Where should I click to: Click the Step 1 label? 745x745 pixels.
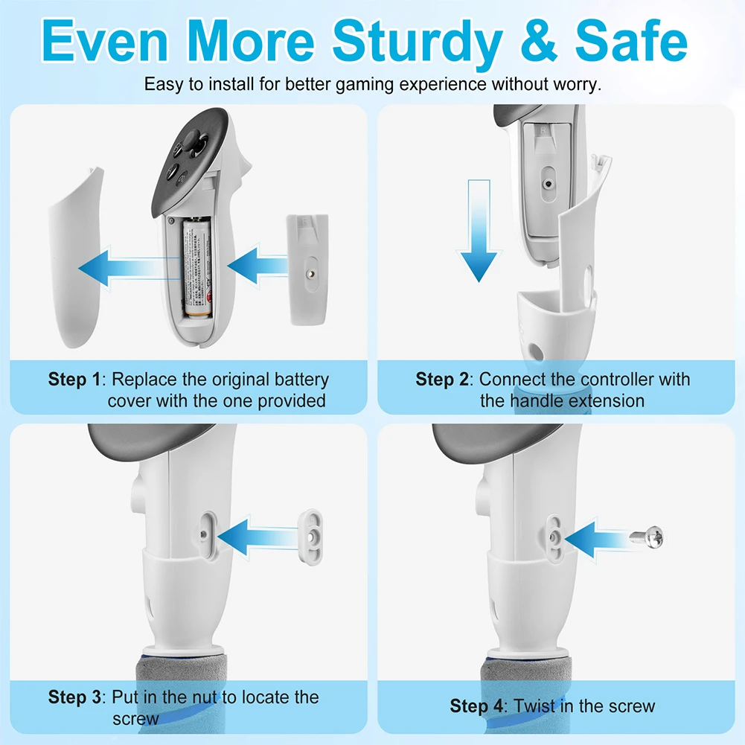(x=73, y=379)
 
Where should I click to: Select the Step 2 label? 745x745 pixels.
(x=442, y=379)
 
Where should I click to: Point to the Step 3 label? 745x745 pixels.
(x=73, y=697)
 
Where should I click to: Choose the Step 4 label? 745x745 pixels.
(x=476, y=706)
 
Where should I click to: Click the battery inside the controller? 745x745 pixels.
(x=196, y=268)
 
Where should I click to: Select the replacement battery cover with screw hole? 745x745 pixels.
(x=307, y=269)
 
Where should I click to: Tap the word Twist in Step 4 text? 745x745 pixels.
(x=537, y=706)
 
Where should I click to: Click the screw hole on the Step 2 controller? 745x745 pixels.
(x=549, y=182)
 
